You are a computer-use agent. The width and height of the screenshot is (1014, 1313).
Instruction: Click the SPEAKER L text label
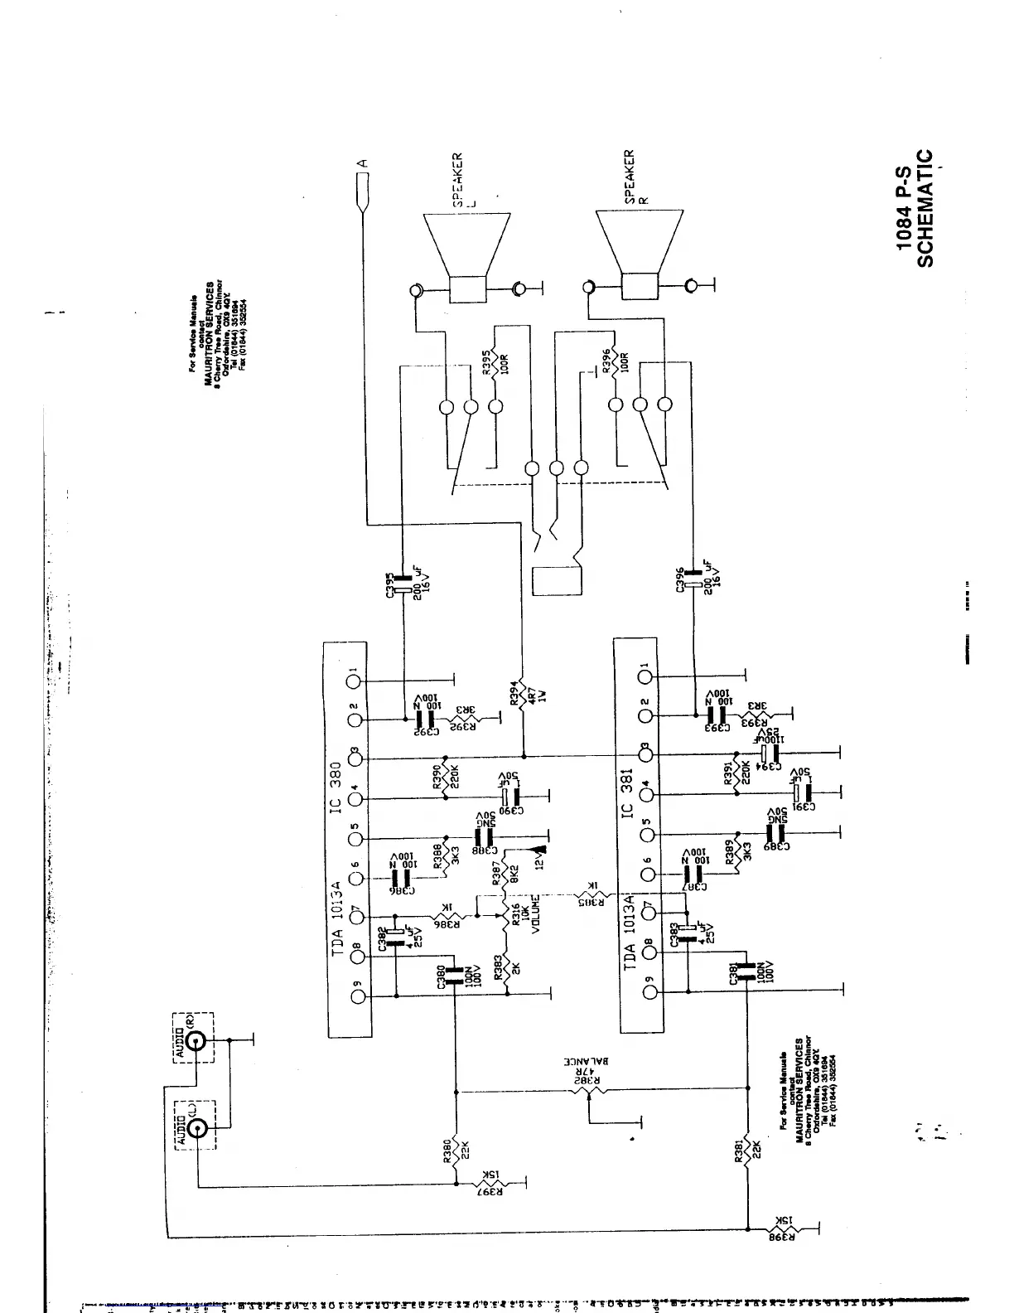coord(458,178)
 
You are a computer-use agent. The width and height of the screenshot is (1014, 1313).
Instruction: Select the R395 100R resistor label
coord(493,361)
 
